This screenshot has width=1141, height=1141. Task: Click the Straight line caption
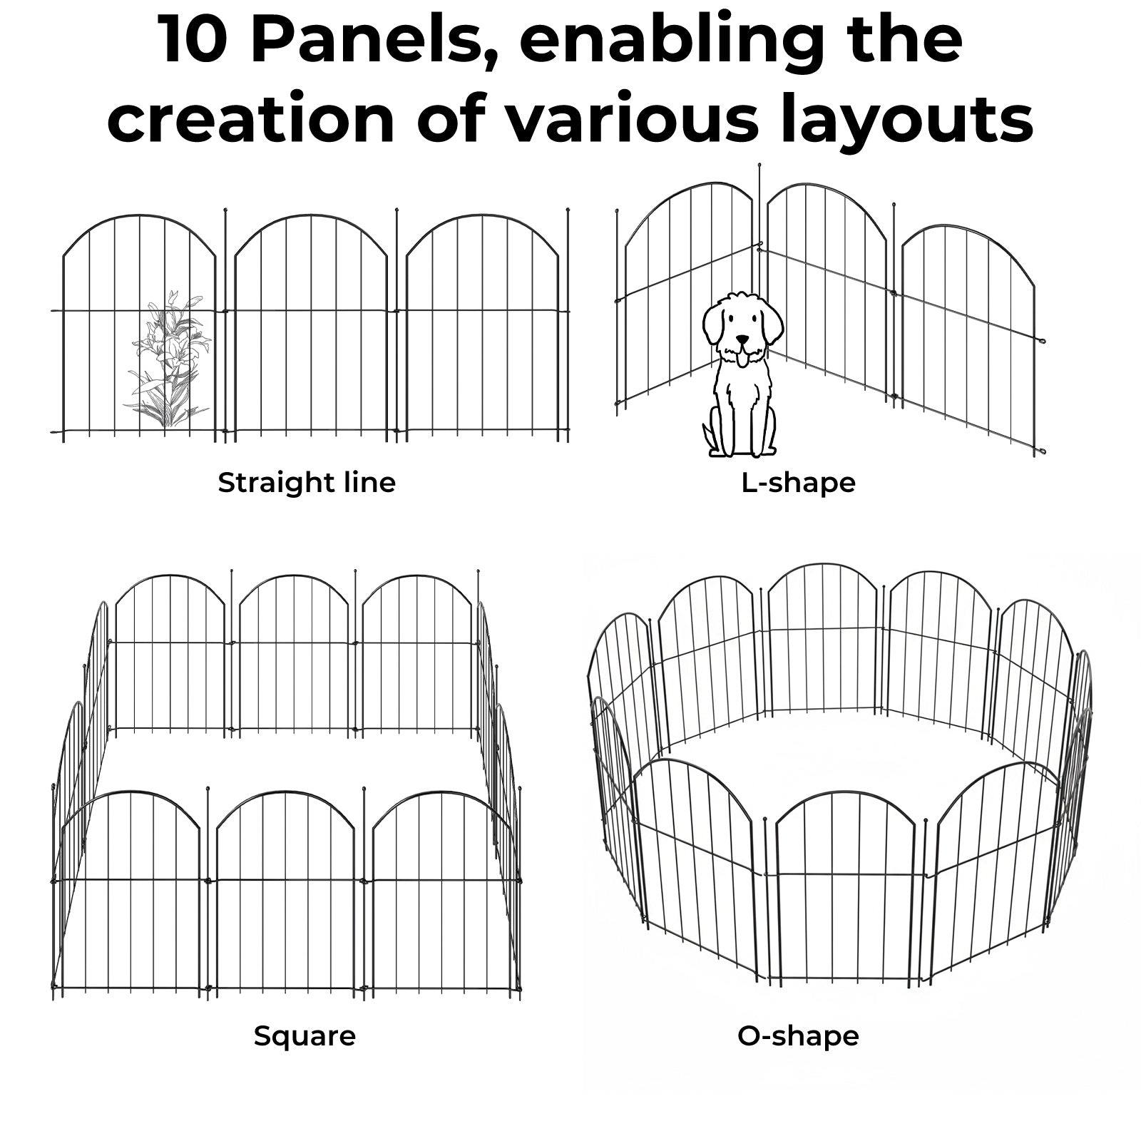point(307,483)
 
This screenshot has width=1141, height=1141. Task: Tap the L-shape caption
point(798,483)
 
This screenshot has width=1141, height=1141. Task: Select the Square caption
point(305,1035)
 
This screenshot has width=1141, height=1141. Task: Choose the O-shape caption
point(798,1035)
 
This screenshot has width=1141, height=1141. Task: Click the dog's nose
point(743,339)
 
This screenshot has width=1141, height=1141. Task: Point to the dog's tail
point(707,436)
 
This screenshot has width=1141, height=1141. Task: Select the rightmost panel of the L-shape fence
point(970,335)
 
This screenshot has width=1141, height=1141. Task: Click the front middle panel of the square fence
point(285,891)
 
